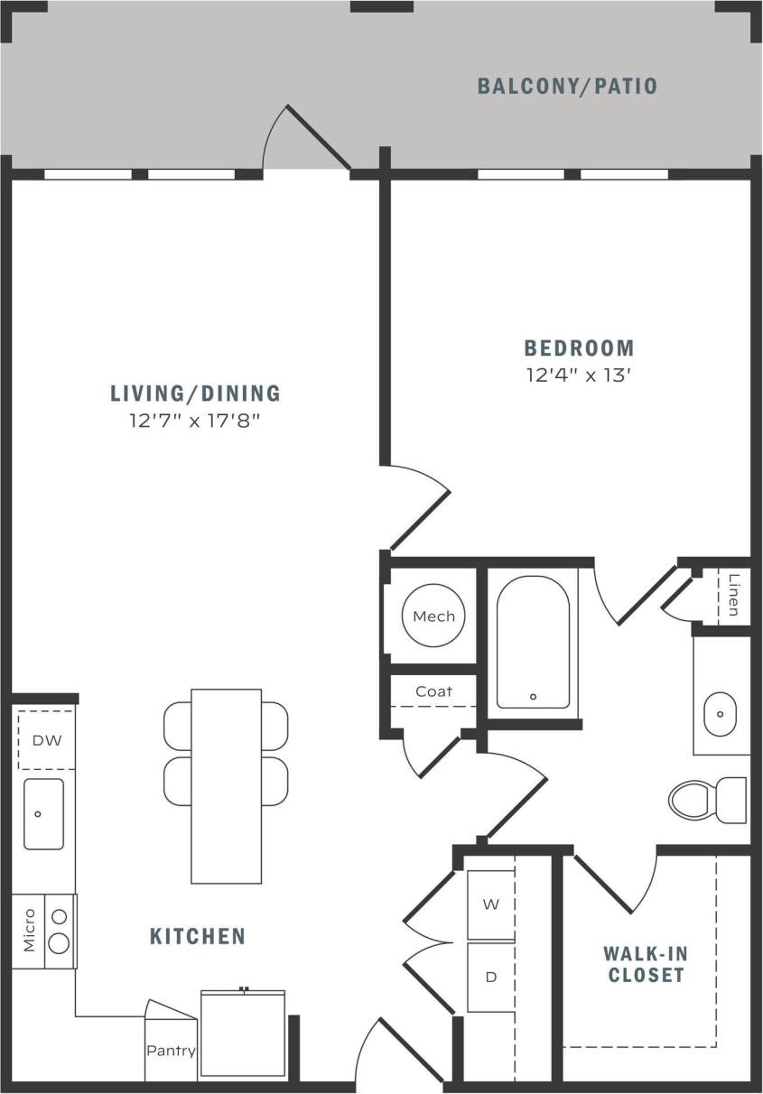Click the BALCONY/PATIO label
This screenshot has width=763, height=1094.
click(x=567, y=87)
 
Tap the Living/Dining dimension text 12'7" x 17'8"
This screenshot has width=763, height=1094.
click(x=195, y=420)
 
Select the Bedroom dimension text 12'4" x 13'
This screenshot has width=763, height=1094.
click(x=578, y=375)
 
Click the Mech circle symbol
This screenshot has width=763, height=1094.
click(x=433, y=617)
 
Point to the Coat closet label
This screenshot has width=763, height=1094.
click(x=433, y=691)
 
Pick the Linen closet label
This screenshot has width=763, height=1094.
click(x=733, y=596)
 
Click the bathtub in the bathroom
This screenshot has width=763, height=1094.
click(x=533, y=641)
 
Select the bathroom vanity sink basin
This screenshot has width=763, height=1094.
click(x=721, y=713)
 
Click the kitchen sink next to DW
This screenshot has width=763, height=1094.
click(x=43, y=813)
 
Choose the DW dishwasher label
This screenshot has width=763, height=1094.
click(x=46, y=741)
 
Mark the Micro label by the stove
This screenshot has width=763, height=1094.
click(x=29, y=931)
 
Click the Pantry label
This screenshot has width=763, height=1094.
click(x=172, y=1052)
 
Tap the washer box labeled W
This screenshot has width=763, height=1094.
click(x=490, y=904)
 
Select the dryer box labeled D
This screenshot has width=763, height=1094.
click(x=490, y=978)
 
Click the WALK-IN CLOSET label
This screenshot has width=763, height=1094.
click(x=645, y=964)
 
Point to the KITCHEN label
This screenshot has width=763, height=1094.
click(x=198, y=936)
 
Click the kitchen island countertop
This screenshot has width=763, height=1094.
click(x=226, y=785)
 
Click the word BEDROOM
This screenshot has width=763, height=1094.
click(x=580, y=348)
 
